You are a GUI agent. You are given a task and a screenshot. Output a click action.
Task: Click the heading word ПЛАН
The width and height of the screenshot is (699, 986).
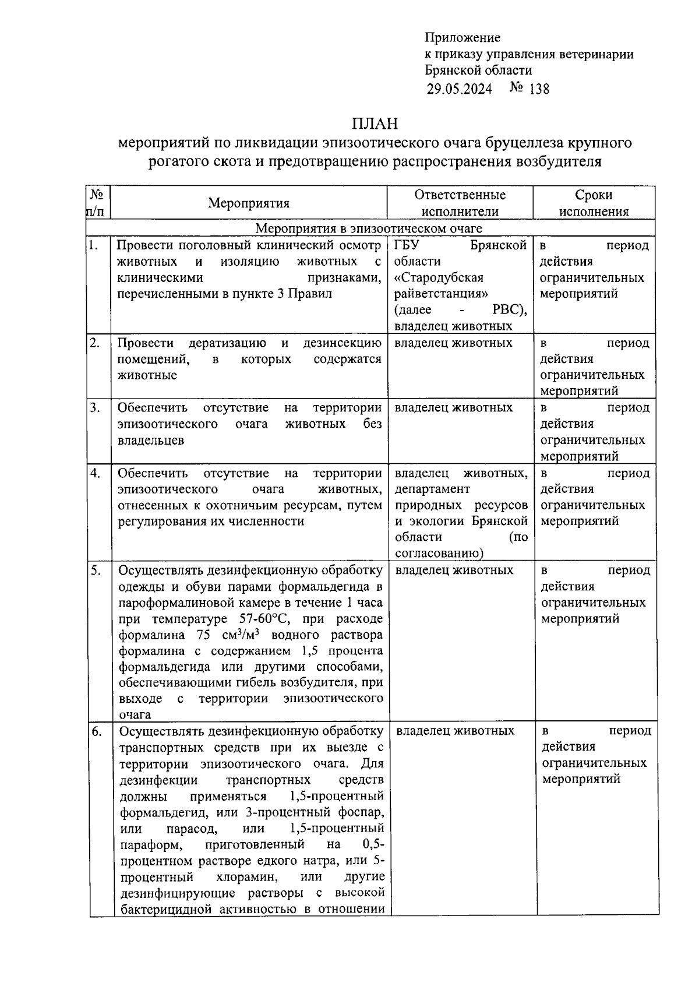(x=375, y=124)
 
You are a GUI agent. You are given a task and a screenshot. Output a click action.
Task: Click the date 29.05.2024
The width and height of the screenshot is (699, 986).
(x=459, y=89)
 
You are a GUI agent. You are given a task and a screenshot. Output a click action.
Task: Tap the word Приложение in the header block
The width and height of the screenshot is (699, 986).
(x=463, y=38)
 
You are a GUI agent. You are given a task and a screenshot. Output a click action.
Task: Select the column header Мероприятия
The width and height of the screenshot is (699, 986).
(x=249, y=203)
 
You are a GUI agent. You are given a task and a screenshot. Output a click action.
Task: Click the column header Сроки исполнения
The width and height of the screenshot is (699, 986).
(x=594, y=203)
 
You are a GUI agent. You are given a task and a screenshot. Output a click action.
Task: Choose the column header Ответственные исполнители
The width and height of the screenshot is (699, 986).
(x=460, y=203)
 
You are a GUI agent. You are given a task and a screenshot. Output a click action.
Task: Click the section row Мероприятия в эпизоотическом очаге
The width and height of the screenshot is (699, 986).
(x=369, y=228)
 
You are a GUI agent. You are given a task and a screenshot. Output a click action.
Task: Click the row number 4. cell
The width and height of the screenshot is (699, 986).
(x=96, y=473)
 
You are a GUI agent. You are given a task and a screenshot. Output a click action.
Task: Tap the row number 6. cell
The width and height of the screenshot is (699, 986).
(x=97, y=731)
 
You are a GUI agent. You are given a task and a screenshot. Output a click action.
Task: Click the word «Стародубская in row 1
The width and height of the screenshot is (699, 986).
(x=439, y=277)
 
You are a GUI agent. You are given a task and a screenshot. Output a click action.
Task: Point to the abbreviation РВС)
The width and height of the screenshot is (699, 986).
(x=509, y=310)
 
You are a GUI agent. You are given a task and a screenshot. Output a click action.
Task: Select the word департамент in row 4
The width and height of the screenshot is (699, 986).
(x=432, y=489)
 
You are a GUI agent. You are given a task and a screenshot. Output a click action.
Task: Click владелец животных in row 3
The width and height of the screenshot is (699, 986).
(x=453, y=407)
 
